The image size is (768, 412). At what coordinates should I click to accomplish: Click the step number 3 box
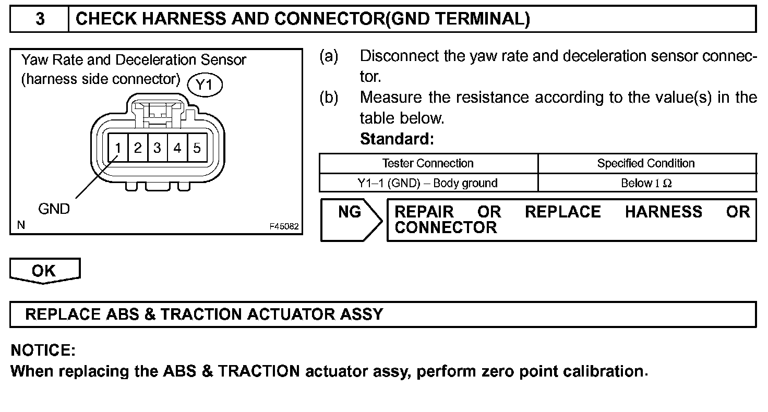tap(40, 19)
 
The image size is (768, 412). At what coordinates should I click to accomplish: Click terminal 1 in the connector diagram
tap(118, 149)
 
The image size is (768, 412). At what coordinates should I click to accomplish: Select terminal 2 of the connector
tap(138, 149)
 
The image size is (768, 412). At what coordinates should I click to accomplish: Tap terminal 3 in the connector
tap(157, 149)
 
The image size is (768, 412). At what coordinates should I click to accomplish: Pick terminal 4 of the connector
tap(177, 149)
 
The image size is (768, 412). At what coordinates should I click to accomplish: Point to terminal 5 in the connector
tap(197, 149)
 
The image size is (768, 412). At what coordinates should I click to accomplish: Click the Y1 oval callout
tap(205, 84)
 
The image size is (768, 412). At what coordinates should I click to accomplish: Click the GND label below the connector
tap(54, 209)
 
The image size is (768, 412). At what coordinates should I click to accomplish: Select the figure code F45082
tap(284, 227)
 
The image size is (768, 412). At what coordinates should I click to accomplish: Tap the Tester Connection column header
tap(428, 163)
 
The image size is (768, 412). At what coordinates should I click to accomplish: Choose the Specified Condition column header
tap(646, 163)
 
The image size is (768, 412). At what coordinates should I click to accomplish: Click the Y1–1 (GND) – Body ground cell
tap(428, 183)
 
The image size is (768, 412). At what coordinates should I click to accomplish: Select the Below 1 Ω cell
tap(646, 183)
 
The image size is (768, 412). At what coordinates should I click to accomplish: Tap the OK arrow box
tap(44, 270)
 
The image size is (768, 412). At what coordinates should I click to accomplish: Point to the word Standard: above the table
tap(397, 139)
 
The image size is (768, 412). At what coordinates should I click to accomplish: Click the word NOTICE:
tap(43, 350)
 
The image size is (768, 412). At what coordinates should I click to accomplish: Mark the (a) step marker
tap(329, 56)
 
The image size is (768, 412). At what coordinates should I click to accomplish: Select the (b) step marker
tap(329, 98)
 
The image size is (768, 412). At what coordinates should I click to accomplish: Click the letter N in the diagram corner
tap(21, 225)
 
